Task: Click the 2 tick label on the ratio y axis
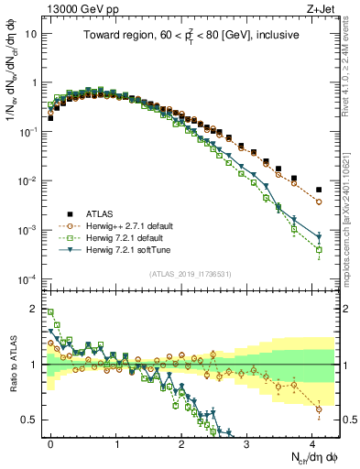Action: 35,309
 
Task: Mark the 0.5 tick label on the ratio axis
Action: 31,420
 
